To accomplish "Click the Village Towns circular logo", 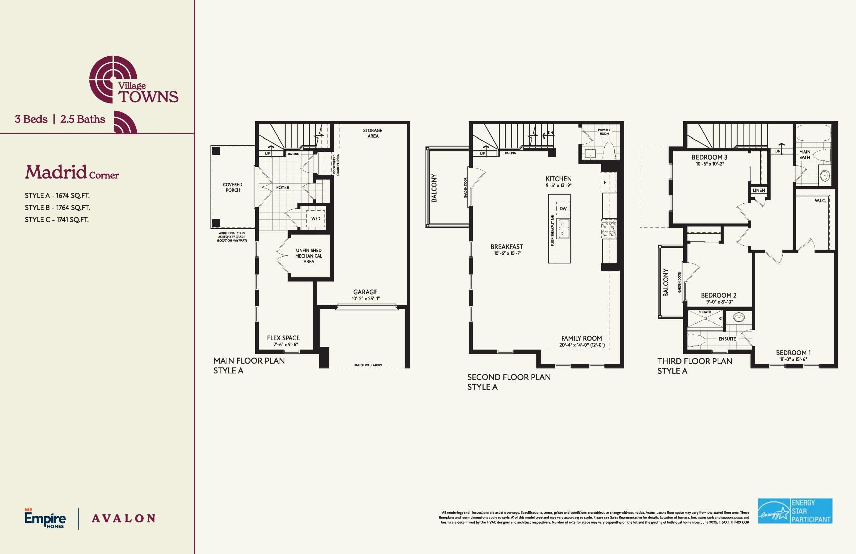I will coord(113,79).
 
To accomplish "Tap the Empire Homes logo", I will coord(45,518).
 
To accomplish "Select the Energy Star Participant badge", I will coord(795,511).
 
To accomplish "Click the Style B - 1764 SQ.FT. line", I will coord(57,207).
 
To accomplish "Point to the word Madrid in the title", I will coord(56,172).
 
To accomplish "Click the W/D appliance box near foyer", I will coord(316,219).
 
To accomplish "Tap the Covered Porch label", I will coord(233,187).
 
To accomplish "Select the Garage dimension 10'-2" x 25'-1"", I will coord(365,299).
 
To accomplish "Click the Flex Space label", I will coord(283,338).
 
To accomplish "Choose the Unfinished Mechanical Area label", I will coord(309,256).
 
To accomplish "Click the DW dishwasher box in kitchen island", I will coord(563,209).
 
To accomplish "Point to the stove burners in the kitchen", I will coord(609,229).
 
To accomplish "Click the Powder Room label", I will coord(604,132).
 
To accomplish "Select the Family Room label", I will coord(581,338).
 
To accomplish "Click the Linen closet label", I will coord(759,190).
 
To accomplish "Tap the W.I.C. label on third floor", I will coord(820,201).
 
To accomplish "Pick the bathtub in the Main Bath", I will coord(813,133).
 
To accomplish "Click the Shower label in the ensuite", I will coord(704,312).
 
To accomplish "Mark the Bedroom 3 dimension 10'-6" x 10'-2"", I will coord(709,164).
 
